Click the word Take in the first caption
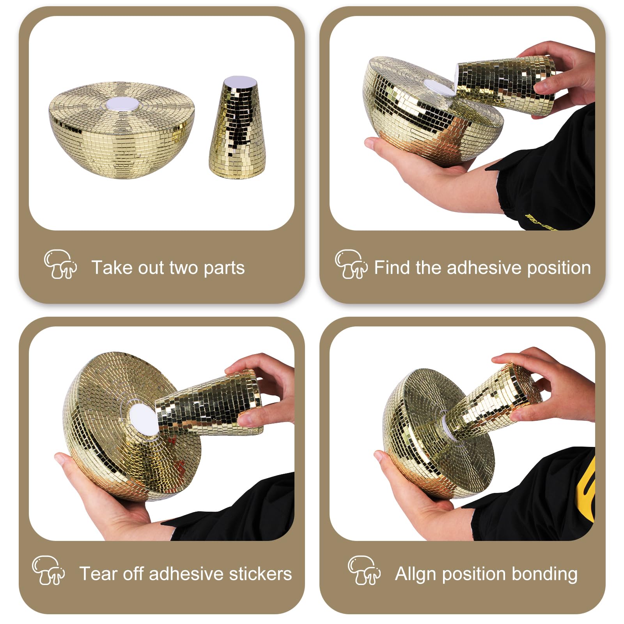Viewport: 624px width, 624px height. [106, 268]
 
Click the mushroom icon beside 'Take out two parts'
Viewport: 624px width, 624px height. [60, 264]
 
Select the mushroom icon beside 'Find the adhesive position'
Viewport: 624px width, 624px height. [351, 264]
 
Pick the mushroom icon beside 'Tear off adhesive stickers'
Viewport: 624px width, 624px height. [48, 570]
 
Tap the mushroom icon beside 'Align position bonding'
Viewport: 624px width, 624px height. [364, 570]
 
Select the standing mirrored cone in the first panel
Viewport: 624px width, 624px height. [238, 128]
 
